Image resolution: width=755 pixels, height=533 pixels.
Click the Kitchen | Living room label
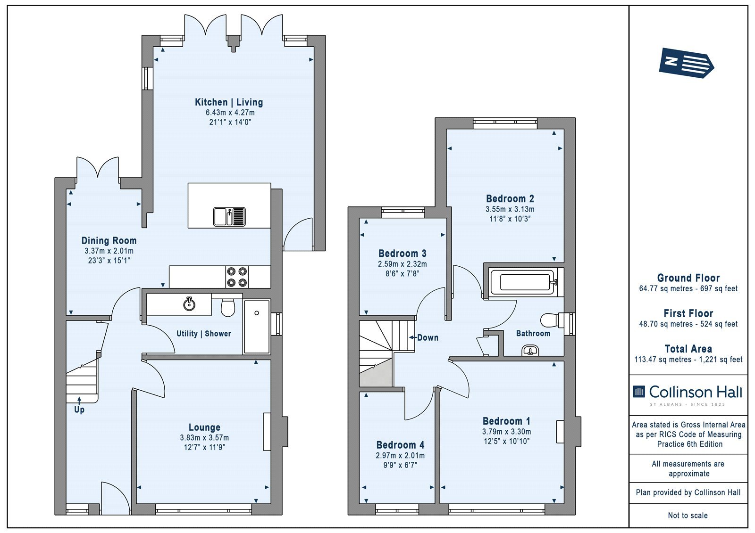(x=229, y=102)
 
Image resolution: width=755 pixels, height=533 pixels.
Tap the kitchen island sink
(x=229, y=216)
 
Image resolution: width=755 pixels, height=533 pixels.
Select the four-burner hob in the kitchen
(x=236, y=277)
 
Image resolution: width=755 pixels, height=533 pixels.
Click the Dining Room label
(x=109, y=240)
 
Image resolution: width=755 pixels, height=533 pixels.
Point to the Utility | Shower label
(x=204, y=333)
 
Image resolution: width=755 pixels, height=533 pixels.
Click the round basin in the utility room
(x=189, y=304)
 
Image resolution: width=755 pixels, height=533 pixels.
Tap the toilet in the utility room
(x=228, y=307)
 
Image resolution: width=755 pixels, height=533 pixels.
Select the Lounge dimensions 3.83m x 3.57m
(x=204, y=437)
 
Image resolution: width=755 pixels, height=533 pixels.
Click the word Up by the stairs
(x=79, y=410)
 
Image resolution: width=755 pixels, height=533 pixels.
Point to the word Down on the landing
(x=428, y=337)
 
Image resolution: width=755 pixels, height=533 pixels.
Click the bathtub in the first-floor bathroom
(x=523, y=282)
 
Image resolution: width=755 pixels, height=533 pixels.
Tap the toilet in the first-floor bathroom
(x=552, y=320)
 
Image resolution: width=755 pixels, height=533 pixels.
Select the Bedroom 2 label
(x=510, y=198)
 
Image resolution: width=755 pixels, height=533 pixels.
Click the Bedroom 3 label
(x=402, y=253)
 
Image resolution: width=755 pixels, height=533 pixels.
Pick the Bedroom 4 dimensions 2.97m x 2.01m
(x=400, y=455)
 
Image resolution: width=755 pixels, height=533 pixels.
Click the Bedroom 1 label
(x=506, y=421)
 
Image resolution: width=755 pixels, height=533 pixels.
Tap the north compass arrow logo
(x=686, y=63)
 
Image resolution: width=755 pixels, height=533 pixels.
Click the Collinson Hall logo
(x=688, y=394)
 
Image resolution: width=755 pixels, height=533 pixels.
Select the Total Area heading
(x=688, y=348)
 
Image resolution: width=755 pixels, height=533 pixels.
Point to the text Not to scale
(x=688, y=515)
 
